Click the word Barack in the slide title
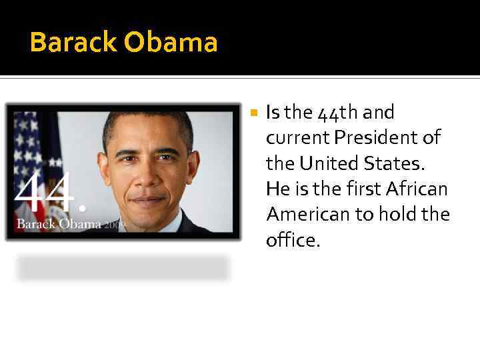point(74,43)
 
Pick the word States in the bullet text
point(399,163)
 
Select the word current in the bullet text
point(297,139)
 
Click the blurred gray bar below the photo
point(123,268)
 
